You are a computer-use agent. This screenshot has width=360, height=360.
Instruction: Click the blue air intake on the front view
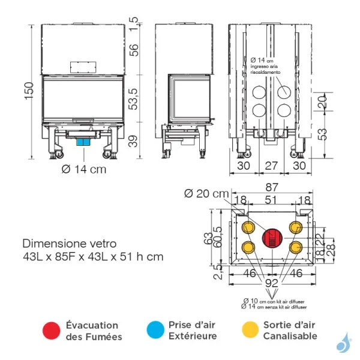(x=83, y=141)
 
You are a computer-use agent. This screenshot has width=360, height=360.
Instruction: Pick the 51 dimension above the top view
(x=271, y=200)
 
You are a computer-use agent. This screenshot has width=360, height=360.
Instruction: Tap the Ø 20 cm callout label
(x=206, y=193)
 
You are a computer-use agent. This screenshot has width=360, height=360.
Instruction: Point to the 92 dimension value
(x=271, y=281)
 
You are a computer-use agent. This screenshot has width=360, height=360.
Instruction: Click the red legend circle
(x=52, y=330)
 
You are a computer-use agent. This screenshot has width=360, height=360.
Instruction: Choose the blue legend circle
(x=155, y=330)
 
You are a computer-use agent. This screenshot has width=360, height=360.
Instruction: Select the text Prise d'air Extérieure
(x=192, y=330)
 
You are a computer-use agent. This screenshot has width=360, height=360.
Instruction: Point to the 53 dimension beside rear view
(x=323, y=132)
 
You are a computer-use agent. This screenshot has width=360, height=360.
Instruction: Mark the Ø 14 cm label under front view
(x=83, y=169)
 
